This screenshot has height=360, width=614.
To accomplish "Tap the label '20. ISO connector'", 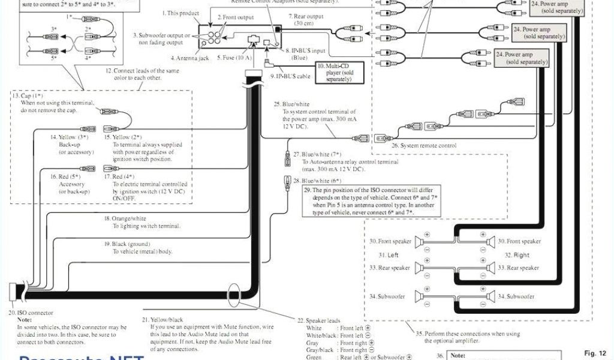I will pyautogui.click(x=31, y=313).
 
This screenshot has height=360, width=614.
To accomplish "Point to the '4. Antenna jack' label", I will pyautogui.click(x=189, y=58).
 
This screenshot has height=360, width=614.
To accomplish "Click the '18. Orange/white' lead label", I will pyautogui.click(x=125, y=219).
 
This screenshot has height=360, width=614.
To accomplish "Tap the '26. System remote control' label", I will pyautogui.click(x=424, y=145).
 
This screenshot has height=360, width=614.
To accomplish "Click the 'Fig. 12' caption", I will pyautogui.click(x=595, y=353).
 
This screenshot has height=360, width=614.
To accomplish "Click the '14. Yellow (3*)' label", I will pyautogui.click(x=70, y=137).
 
